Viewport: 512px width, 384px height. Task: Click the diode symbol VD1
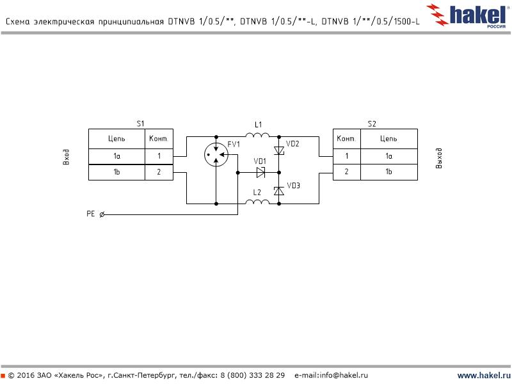point(260,173)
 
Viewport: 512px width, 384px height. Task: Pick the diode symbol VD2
point(279,151)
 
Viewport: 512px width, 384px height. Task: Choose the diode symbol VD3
point(279,191)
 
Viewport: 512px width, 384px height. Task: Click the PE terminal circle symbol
point(103,214)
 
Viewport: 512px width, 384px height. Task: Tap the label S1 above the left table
point(141,123)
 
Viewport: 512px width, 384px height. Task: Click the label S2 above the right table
point(372,123)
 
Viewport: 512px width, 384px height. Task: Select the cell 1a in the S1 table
point(116,156)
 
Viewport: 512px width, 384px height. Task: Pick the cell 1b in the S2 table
point(388,172)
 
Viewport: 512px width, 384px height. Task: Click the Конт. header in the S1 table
point(158,138)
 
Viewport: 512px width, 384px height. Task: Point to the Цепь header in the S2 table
point(388,138)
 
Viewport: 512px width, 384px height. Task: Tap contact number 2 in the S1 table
point(159,172)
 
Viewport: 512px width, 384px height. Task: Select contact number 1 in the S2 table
point(346,156)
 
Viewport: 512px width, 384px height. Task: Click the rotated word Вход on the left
point(66,157)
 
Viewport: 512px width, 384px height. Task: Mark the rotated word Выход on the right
point(438,158)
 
